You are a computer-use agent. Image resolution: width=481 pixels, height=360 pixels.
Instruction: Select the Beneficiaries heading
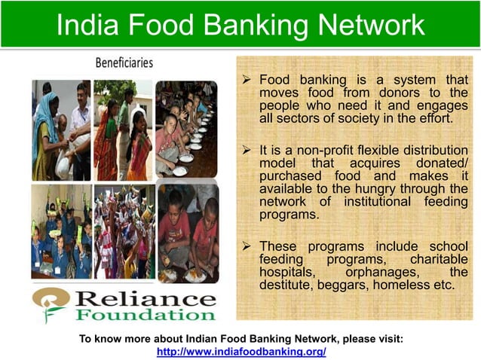click(x=124, y=63)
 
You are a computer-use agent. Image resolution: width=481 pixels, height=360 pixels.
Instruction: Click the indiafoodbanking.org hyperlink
click(x=240, y=352)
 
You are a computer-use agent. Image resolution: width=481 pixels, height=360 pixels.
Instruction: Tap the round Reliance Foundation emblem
click(x=51, y=303)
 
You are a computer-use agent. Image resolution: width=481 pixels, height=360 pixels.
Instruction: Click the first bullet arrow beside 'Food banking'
click(x=247, y=80)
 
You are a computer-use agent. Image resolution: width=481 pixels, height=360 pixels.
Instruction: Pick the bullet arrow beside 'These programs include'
click(x=247, y=247)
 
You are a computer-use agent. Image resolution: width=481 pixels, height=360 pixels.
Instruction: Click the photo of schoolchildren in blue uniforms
click(x=61, y=232)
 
